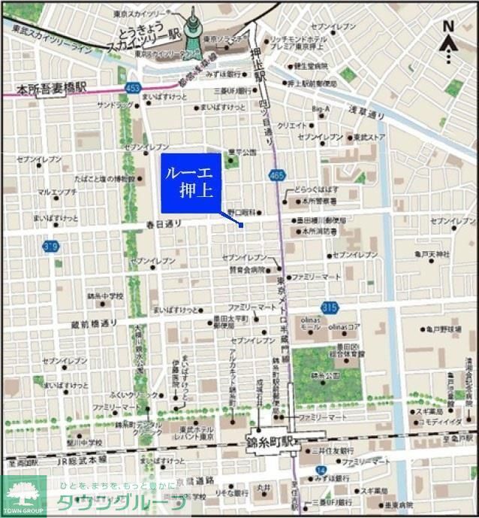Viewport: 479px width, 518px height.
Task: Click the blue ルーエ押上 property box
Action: pyautogui.click(x=191, y=183)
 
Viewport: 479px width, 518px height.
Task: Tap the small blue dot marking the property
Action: pyautogui.click(x=240, y=225)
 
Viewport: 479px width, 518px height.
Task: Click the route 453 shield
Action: pyautogui.click(x=132, y=88)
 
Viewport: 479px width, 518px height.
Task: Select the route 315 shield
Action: pyautogui.click(x=329, y=307)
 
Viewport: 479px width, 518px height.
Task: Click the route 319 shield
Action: pyautogui.click(x=51, y=247)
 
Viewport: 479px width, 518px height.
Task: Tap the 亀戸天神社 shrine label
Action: pyautogui.click(x=432, y=255)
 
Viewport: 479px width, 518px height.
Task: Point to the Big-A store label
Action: pyautogui.click(x=320, y=109)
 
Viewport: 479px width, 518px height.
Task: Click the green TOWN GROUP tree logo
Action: pyautogui.click(x=23, y=495)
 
